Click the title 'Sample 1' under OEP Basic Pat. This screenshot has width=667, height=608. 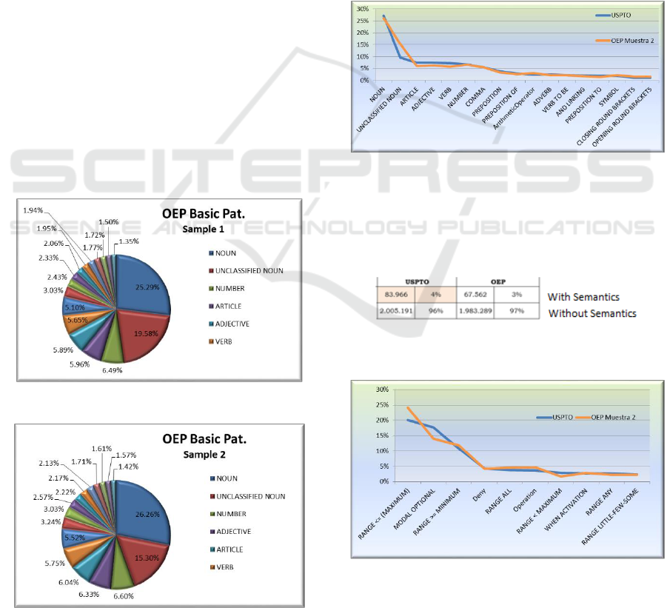203,229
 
